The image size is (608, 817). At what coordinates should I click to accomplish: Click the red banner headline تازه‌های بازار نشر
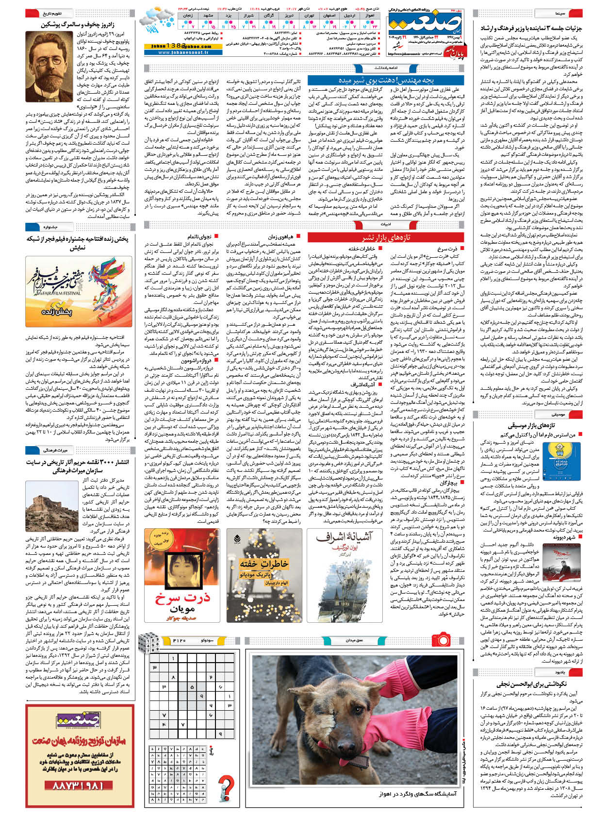386,237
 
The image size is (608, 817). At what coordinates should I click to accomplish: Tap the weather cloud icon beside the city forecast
156,19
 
